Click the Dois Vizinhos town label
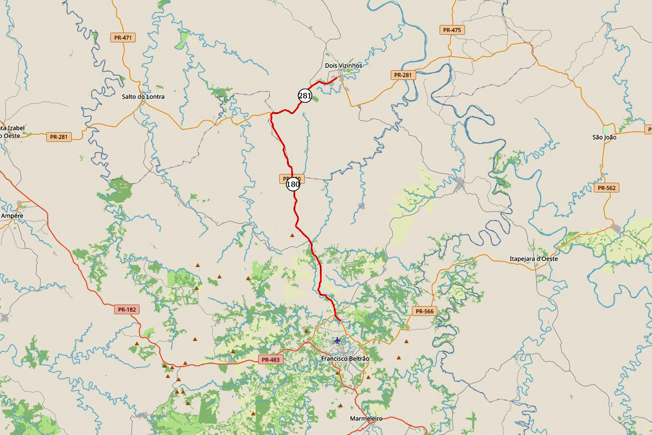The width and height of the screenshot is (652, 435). (343, 66)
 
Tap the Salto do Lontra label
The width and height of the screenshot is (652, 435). (143, 97)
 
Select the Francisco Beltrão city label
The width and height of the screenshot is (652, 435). (345, 359)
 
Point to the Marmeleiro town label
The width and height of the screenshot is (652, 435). (367, 419)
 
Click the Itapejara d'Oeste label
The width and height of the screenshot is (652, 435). (534, 259)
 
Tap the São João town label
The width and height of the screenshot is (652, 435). (604, 138)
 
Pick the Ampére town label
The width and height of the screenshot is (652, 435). (12, 216)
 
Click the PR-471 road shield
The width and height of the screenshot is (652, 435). (123, 38)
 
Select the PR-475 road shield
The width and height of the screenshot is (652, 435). (452, 30)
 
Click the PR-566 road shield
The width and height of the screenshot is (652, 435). (424, 312)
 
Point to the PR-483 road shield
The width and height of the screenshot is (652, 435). (270, 359)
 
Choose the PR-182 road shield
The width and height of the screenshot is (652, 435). (127, 309)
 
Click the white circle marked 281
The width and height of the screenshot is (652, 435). (305, 96)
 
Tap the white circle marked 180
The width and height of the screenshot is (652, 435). (293, 184)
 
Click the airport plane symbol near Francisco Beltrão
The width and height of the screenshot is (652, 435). (337, 340)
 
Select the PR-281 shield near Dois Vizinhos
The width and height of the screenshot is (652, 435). (403, 75)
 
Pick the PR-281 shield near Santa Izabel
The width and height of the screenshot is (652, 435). (59, 137)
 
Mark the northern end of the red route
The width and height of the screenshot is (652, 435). (338, 78)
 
